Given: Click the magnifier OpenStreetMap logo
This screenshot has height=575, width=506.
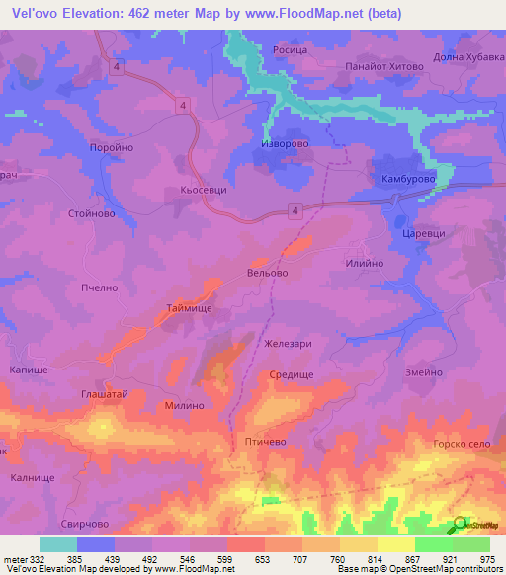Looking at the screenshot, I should click(461, 525).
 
